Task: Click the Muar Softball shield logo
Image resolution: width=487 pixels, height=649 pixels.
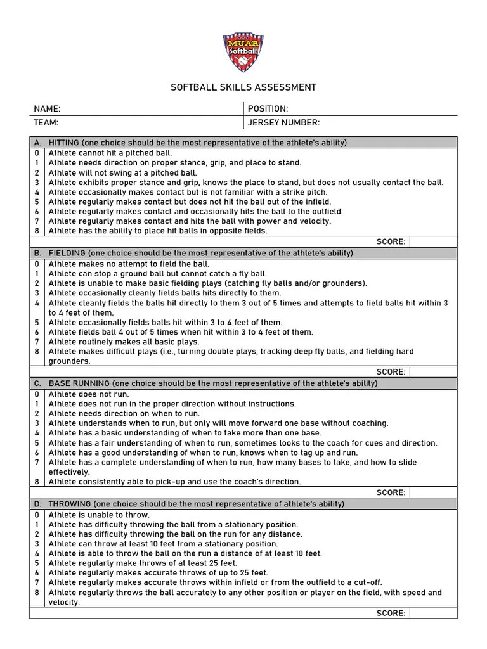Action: click(243, 53)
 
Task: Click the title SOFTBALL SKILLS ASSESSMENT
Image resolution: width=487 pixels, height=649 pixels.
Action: click(243, 87)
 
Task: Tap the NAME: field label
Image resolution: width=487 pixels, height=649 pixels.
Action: click(48, 109)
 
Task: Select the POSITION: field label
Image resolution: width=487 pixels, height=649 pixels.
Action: click(268, 109)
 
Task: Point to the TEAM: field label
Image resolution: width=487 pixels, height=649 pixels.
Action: click(46, 122)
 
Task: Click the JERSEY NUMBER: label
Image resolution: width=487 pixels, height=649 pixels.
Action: click(283, 122)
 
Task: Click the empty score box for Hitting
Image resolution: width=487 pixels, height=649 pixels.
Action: click(432, 241)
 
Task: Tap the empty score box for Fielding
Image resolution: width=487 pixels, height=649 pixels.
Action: click(432, 372)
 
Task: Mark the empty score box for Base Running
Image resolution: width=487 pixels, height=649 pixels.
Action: click(432, 492)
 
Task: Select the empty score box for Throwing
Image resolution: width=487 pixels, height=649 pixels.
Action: click(432, 613)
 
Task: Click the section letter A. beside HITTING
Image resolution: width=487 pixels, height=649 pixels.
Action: click(38, 143)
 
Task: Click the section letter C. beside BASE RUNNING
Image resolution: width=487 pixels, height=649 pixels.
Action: click(38, 383)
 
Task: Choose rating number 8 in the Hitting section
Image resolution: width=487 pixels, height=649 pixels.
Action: click(37, 231)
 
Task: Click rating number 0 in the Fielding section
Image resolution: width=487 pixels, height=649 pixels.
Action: click(37, 264)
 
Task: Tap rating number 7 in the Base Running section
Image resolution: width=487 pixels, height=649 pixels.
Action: click(37, 463)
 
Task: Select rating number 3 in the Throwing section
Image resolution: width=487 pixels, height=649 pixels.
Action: click(37, 544)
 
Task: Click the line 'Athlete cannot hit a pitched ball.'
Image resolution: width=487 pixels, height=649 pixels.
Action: click(110, 153)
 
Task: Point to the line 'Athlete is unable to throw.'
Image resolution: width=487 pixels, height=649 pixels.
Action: click(99, 515)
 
